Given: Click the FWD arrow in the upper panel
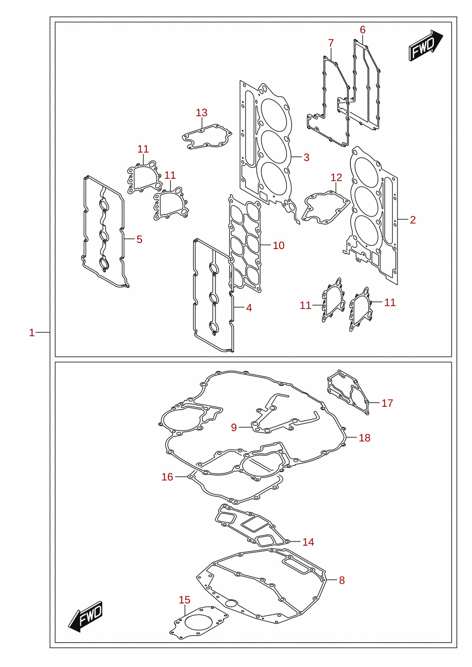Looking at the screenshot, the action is pyautogui.click(x=426, y=45).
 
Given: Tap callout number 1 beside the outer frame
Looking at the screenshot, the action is pyautogui.click(x=32, y=333).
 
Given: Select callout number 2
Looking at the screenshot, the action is pyautogui.click(x=413, y=220).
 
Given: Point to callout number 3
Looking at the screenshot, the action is pyautogui.click(x=306, y=157).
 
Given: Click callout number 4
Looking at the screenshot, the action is pyautogui.click(x=249, y=308).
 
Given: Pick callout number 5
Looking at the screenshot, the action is pyautogui.click(x=140, y=239).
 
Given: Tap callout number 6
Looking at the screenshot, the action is pyautogui.click(x=363, y=29).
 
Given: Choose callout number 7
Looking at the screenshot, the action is pyautogui.click(x=331, y=43).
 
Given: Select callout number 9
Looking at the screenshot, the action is pyautogui.click(x=234, y=427).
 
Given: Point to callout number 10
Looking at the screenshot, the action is pyautogui.click(x=279, y=245).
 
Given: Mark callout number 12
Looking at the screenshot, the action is pyautogui.click(x=337, y=178).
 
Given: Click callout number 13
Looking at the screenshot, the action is pyautogui.click(x=202, y=112).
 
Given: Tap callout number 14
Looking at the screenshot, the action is pyautogui.click(x=308, y=542).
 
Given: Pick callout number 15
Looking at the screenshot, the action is pyautogui.click(x=185, y=600).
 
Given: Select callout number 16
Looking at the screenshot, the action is pyautogui.click(x=167, y=477).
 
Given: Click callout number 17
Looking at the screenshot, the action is pyautogui.click(x=387, y=403).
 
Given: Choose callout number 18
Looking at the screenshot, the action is pyautogui.click(x=365, y=438).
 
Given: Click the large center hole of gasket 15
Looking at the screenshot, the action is pyautogui.click(x=199, y=616).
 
